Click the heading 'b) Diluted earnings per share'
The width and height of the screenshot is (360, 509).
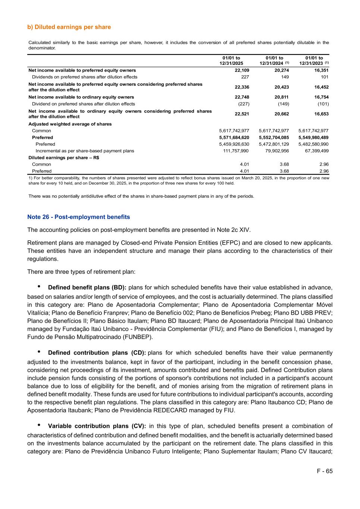[x=69, y=27]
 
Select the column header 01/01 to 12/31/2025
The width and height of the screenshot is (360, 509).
[x=231, y=61]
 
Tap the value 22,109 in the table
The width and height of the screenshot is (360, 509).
[x=242, y=70]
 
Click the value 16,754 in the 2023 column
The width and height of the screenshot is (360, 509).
[x=321, y=97]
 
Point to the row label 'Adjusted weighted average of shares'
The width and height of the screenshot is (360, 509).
[x=70, y=124]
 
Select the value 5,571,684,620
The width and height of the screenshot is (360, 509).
[x=234, y=138]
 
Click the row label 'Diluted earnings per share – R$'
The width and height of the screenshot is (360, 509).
[x=64, y=158]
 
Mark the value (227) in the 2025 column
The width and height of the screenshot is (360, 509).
[x=243, y=104]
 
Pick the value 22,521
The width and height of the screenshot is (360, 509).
[x=242, y=114]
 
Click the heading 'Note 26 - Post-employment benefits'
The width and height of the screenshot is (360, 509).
[x=79, y=217]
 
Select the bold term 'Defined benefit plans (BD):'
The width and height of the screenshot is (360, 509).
[x=87, y=288]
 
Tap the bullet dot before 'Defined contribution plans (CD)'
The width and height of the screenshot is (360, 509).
[x=39, y=352]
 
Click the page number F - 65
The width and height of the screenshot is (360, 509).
[x=325, y=471]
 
